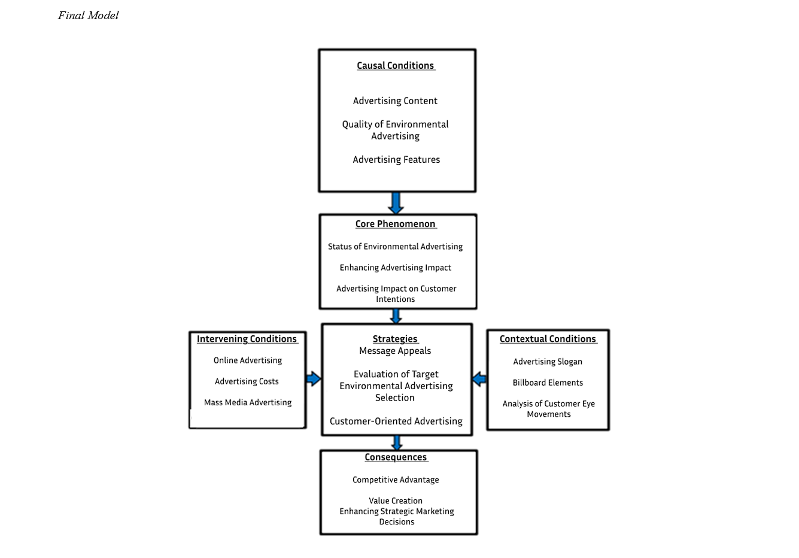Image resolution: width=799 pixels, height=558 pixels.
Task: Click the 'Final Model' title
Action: coord(88,16)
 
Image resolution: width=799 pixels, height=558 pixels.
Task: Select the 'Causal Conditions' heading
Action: coord(395,66)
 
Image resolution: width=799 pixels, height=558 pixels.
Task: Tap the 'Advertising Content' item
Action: coord(395,101)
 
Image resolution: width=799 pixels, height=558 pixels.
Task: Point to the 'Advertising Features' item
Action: coord(396,159)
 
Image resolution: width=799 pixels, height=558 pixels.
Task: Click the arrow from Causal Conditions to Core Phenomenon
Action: coord(396,203)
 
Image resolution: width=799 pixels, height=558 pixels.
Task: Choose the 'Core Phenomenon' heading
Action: coord(395,224)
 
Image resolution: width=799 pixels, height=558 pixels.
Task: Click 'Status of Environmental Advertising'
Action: coord(395,247)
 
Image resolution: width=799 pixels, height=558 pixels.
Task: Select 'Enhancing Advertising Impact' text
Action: coord(395,268)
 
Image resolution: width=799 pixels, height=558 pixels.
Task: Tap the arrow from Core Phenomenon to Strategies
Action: coord(396,316)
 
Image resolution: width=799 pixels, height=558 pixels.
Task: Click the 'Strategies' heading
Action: coord(395,339)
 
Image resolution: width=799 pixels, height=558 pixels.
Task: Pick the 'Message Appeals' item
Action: coord(395,351)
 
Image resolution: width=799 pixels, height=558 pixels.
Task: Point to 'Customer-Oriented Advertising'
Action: coord(396,421)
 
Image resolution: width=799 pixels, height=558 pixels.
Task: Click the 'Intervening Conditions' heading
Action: coord(247,339)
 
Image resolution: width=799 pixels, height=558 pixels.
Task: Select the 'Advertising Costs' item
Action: coord(247,381)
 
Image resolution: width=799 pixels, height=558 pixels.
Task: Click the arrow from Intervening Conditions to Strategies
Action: coord(314,378)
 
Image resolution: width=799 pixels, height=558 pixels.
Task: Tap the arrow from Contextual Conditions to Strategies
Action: coord(479,378)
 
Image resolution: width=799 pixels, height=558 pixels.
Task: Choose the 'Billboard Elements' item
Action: coord(548,383)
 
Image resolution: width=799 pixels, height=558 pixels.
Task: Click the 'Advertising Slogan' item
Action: coord(548,362)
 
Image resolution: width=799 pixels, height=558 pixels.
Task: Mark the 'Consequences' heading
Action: coord(396,457)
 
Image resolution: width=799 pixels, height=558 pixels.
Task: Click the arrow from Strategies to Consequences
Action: coord(397,443)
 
